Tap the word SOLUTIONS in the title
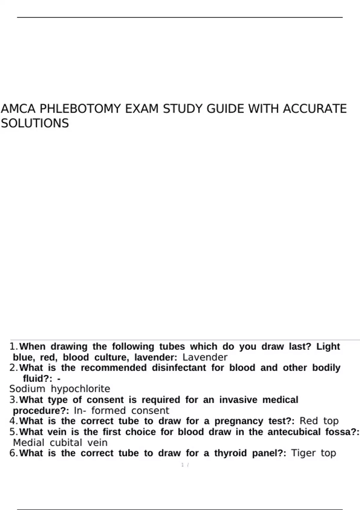(35, 123)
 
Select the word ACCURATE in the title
(315, 109)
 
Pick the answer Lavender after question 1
(205, 357)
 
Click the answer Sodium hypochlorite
(60, 389)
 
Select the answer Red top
(319, 421)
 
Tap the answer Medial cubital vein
(60, 442)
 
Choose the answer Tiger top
(313, 453)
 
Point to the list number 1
(13, 346)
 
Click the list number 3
(13, 400)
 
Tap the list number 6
(13, 453)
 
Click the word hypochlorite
(80, 389)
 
